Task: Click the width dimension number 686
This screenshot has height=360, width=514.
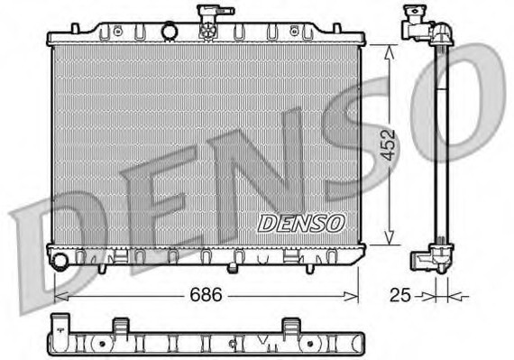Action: [x=206, y=294]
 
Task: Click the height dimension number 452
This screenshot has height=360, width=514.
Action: [x=389, y=145]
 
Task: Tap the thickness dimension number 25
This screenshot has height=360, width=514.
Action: [x=399, y=295]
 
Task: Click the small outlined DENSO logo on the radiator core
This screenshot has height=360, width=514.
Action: [x=301, y=224]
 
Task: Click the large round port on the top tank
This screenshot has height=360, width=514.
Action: [x=170, y=32]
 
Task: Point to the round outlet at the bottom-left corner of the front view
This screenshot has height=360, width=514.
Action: [x=60, y=261]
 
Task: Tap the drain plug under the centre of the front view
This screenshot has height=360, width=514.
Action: [x=233, y=268]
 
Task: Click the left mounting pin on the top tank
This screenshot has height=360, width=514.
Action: [x=76, y=28]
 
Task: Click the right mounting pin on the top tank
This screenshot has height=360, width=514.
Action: [x=336, y=28]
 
